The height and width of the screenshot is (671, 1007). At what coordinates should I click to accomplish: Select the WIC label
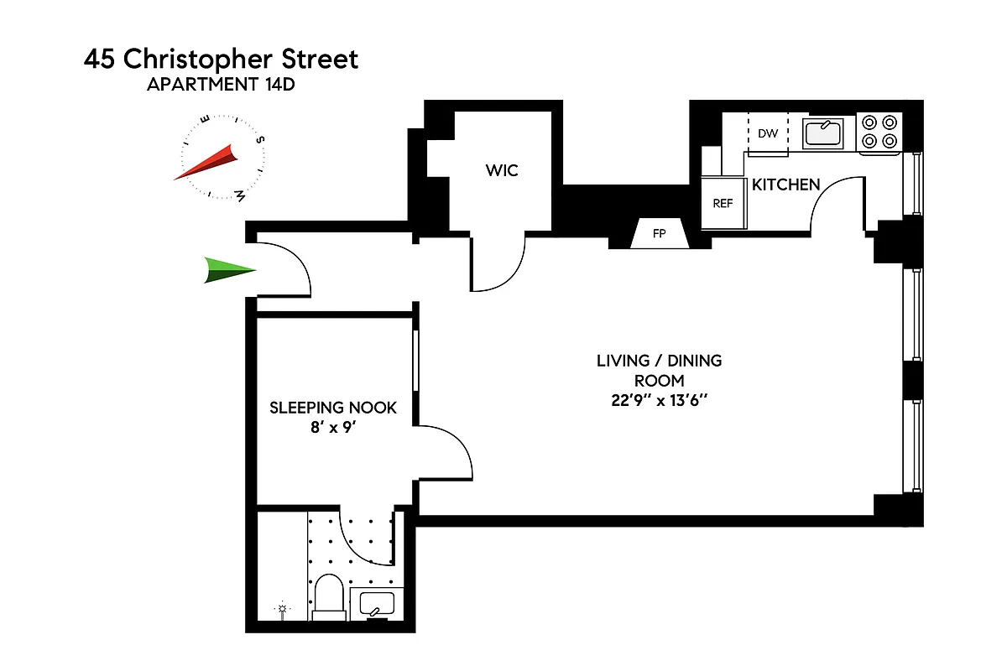click(x=502, y=171)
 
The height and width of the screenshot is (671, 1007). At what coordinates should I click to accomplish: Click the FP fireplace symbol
click(x=659, y=234)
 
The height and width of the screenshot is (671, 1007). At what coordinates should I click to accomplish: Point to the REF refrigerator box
click(x=723, y=204)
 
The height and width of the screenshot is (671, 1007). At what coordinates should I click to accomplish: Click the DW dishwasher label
click(x=767, y=133)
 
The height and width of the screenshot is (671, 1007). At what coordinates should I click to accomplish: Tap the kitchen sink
click(x=823, y=133)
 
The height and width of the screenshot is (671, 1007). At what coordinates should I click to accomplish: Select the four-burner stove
click(x=879, y=133)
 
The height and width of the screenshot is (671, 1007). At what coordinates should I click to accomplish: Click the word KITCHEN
click(x=785, y=185)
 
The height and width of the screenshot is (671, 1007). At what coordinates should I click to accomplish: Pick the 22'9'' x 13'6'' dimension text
click(x=659, y=400)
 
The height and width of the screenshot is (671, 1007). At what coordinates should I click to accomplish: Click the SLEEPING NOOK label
click(x=333, y=408)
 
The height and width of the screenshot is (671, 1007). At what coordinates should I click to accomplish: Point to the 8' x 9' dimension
click(x=333, y=427)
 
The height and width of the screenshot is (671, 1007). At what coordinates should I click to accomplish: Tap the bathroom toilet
click(x=327, y=596)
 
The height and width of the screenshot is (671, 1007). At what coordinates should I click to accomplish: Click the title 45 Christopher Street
click(x=221, y=60)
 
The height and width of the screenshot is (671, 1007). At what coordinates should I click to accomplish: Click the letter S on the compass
click(x=260, y=141)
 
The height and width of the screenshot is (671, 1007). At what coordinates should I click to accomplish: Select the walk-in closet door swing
click(x=499, y=264)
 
